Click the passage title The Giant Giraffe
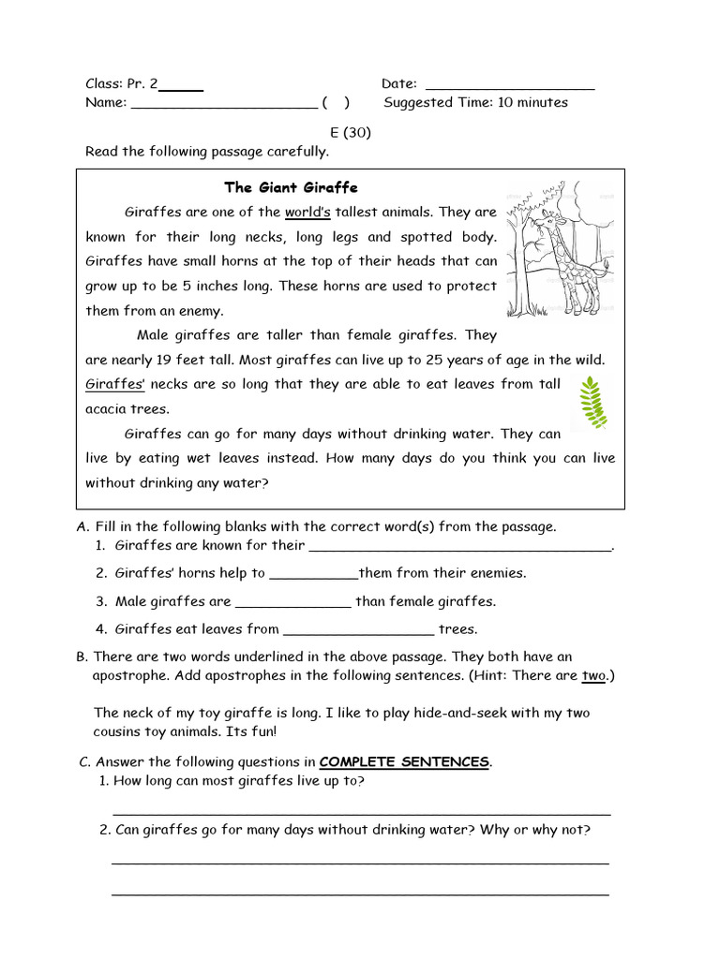coord(291,187)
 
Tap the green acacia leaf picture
coord(591,403)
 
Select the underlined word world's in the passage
coord(307,212)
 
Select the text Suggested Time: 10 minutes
coord(475,103)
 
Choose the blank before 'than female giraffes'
coord(292,602)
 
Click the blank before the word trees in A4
coord(358,630)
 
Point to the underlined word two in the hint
coord(592,675)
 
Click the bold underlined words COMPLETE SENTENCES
coord(404,761)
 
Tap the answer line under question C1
coord(362,811)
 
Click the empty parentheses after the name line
coord(335,103)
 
